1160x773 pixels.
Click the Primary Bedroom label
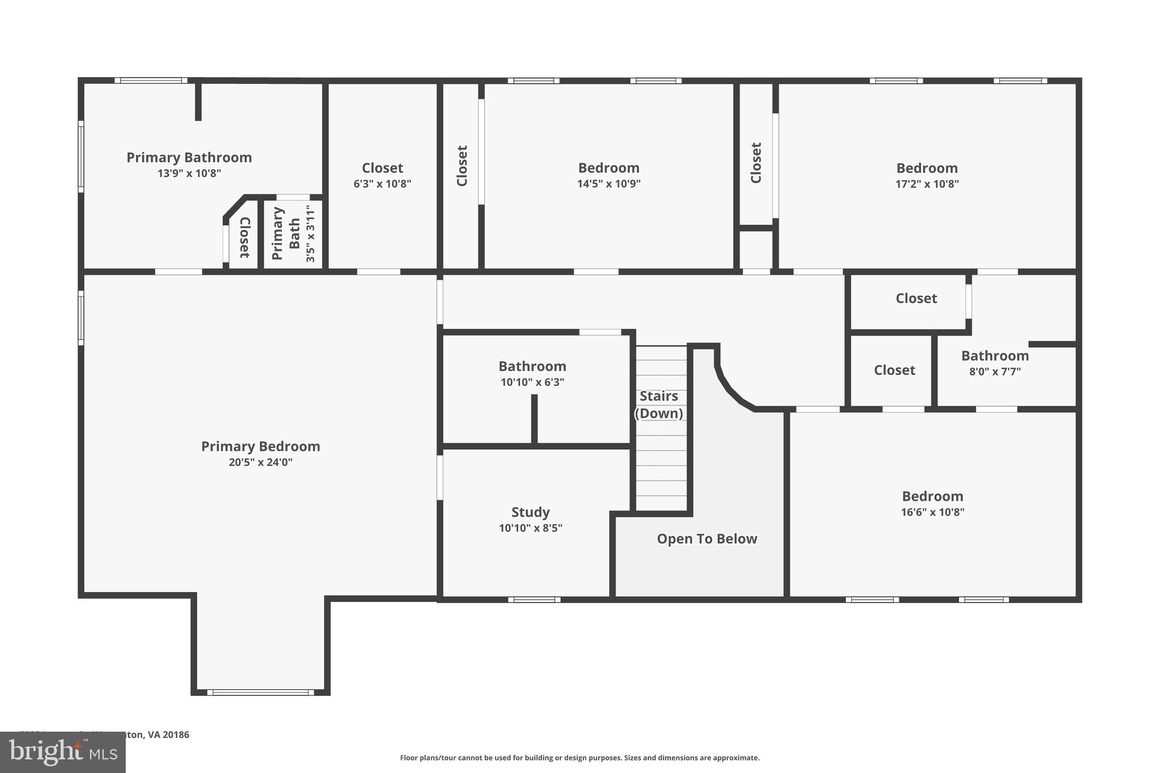(261, 446)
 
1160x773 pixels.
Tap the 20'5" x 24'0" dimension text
(261, 462)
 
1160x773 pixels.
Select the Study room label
(530, 512)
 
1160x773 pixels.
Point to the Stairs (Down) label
(659, 404)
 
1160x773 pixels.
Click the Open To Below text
(707, 539)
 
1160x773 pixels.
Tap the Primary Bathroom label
(189, 157)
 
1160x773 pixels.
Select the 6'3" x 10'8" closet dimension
(382, 183)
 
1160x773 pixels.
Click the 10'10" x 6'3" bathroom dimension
(532, 382)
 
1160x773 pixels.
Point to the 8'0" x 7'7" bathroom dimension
(995, 372)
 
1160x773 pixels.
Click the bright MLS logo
(62, 752)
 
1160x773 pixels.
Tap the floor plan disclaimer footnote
(579, 758)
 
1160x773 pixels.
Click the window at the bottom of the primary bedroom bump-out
(261, 692)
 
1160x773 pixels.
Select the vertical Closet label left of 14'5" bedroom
(462, 165)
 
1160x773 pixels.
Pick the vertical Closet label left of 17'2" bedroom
(756, 163)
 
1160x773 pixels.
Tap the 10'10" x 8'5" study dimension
(530, 528)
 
